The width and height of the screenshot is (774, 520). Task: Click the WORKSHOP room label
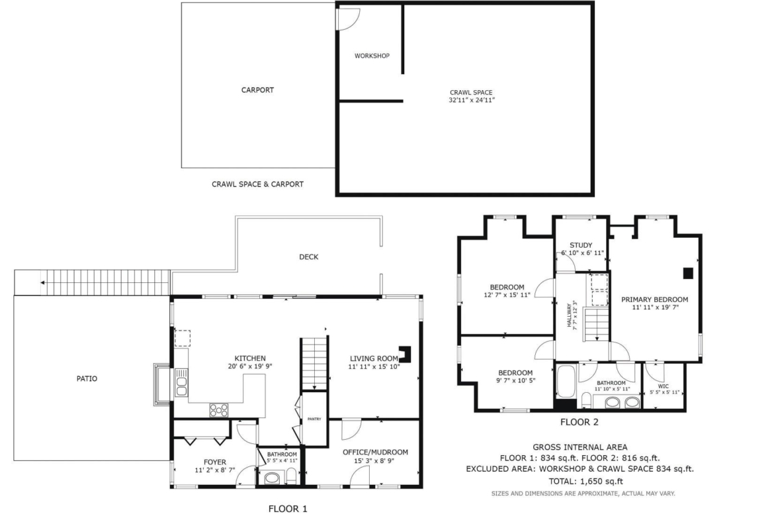[x=372, y=56]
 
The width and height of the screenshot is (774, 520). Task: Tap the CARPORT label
[x=257, y=90]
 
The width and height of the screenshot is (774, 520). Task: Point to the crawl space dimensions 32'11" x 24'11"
[x=472, y=100]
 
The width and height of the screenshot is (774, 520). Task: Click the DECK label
[x=308, y=257]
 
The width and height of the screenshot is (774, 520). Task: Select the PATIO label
[x=87, y=379]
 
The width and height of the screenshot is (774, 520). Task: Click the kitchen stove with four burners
[x=219, y=410]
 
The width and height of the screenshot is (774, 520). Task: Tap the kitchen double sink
[x=181, y=383]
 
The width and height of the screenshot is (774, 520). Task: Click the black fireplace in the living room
[x=406, y=353]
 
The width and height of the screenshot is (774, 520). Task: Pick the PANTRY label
[x=314, y=419]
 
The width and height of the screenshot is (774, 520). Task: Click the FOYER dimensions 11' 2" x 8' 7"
[x=215, y=470]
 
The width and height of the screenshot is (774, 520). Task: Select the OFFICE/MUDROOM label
[x=375, y=452]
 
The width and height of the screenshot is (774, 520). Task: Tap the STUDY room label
[x=581, y=245]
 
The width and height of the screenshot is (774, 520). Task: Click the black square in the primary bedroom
[x=688, y=274]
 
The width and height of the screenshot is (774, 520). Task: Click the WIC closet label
[x=664, y=387]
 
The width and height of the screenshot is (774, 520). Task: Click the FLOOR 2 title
[x=579, y=422]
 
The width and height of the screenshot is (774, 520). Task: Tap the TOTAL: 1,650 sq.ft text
[x=585, y=482]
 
